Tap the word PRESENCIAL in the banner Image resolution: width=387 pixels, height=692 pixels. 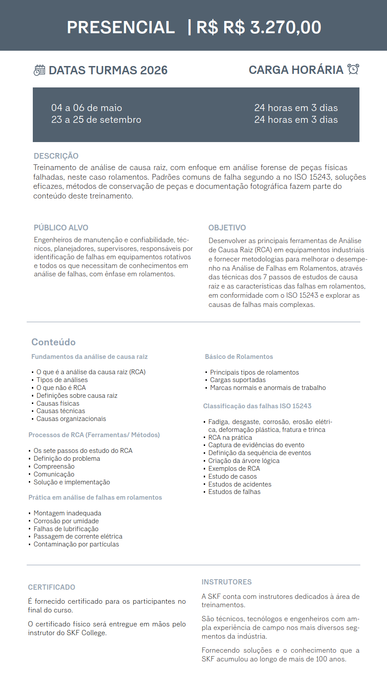click(121, 28)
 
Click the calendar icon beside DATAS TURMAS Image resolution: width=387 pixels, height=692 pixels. click(39, 70)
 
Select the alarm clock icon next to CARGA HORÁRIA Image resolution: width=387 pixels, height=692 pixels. click(353, 69)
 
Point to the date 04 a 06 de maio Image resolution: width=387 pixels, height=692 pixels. click(87, 108)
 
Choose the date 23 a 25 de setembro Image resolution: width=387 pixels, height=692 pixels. click(96, 120)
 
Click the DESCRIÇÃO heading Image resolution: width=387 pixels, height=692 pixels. click(56, 156)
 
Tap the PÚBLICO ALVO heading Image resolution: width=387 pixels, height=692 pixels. click(61, 228)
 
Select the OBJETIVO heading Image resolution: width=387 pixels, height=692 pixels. click(227, 228)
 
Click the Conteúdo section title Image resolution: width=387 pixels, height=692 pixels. click(53, 342)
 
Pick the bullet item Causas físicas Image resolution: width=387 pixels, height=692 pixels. click(58, 403)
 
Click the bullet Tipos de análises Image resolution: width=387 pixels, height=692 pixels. click(62, 380)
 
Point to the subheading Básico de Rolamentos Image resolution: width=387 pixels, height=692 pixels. click(239, 357)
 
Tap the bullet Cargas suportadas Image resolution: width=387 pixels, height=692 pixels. click(237, 380)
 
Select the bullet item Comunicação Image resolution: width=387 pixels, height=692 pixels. click(54, 474)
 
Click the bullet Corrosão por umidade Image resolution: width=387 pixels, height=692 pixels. click(66, 521)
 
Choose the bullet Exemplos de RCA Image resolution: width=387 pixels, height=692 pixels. click(234, 469)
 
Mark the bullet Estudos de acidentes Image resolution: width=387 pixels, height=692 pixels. click(240, 484)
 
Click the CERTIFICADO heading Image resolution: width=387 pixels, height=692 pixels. click(52, 587)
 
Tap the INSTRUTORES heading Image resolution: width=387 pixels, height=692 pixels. click(227, 582)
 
